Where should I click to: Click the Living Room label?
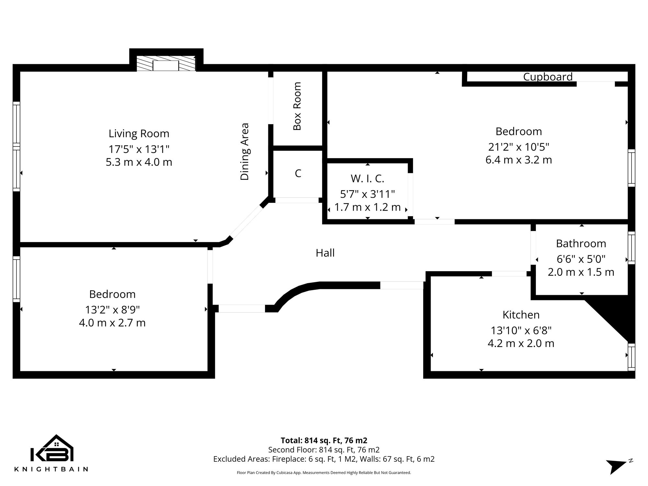(139, 133)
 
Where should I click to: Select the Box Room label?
(297, 106)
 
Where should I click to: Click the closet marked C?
(298, 173)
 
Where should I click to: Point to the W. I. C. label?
(367, 179)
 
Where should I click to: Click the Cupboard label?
(548, 77)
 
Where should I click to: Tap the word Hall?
(325, 253)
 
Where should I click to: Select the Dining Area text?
(245, 152)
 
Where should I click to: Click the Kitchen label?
(521, 315)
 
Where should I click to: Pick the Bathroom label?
(581, 243)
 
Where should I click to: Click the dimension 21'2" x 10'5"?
(518, 147)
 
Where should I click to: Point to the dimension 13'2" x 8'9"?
(112, 310)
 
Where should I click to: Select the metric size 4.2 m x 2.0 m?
(521, 343)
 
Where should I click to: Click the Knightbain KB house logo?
(52, 449)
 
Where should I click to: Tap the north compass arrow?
(616, 466)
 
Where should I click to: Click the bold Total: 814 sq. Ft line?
(324, 440)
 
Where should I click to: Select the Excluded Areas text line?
(324, 459)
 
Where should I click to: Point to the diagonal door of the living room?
(246, 222)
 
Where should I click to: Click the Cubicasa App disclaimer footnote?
(324, 473)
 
